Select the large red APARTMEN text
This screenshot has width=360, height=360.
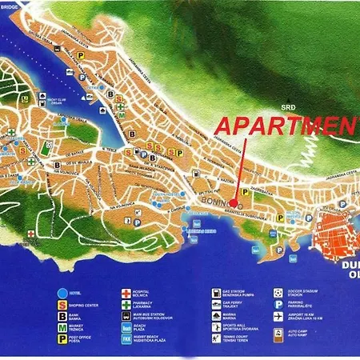pyautogui.click(x=288, y=126)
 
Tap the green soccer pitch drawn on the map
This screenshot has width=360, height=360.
pyautogui.click(x=45, y=149)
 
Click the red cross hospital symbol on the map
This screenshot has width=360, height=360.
pyautogui.click(x=31, y=233)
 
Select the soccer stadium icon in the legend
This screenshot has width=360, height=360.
pyautogui.click(x=277, y=294)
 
